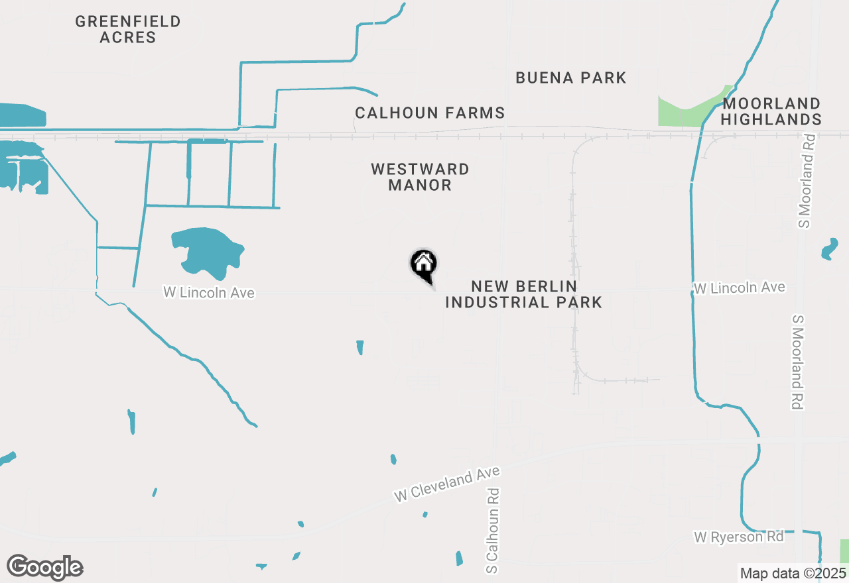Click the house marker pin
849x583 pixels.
(x=424, y=265)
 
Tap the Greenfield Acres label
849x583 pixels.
(x=128, y=29)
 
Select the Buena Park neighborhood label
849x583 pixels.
(x=570, y=78)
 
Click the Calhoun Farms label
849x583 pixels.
(x=430, y=113)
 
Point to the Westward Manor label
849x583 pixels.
(x=420, y=177)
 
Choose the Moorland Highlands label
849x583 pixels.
(x=771, y=111)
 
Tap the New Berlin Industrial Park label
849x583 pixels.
(x=523, y=294)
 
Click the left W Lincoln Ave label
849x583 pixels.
(x=209, y=292)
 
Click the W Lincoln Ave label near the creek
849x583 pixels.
(x=739, y=288)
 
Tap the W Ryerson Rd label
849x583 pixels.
(x=739, y=537)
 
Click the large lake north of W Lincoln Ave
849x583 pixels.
(x=207, y=252)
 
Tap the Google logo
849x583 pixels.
(x=45, y=568)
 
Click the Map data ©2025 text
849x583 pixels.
(x=793, y=573)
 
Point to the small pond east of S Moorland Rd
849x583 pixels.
(x=829, y=249)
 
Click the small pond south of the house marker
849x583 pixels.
(x=360, y=347)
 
